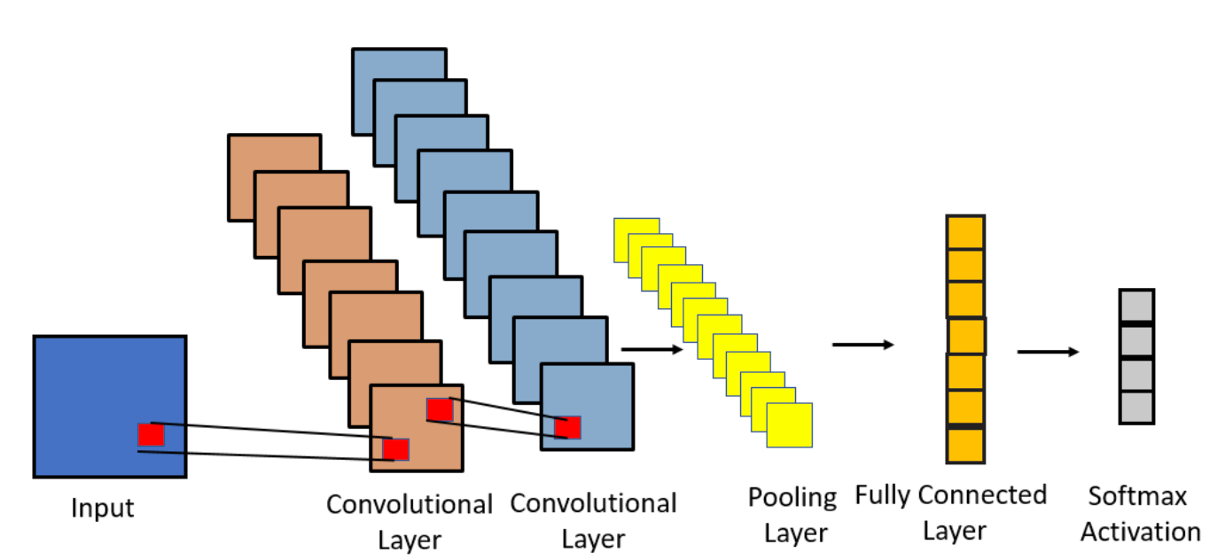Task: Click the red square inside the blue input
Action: tap(151, 435)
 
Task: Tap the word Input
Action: tap(103, 509)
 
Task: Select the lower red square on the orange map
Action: tap(395, 449)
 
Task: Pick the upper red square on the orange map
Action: tap(440, 409)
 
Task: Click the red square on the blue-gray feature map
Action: tap(567, 427)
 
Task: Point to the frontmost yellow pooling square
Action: tap(789, 425)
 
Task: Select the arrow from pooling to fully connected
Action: tap(862, 344)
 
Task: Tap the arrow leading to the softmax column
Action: tap(1048, 352)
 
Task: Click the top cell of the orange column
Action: tap(965, 233)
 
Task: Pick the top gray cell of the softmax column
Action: tap(1136, 307)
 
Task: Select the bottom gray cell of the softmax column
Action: tap(1136, 408)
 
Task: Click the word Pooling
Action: tap(792, 498)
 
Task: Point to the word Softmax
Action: tap(1137, 495)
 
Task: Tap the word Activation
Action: tap(1140, 532)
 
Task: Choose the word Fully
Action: tap(884, 495)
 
